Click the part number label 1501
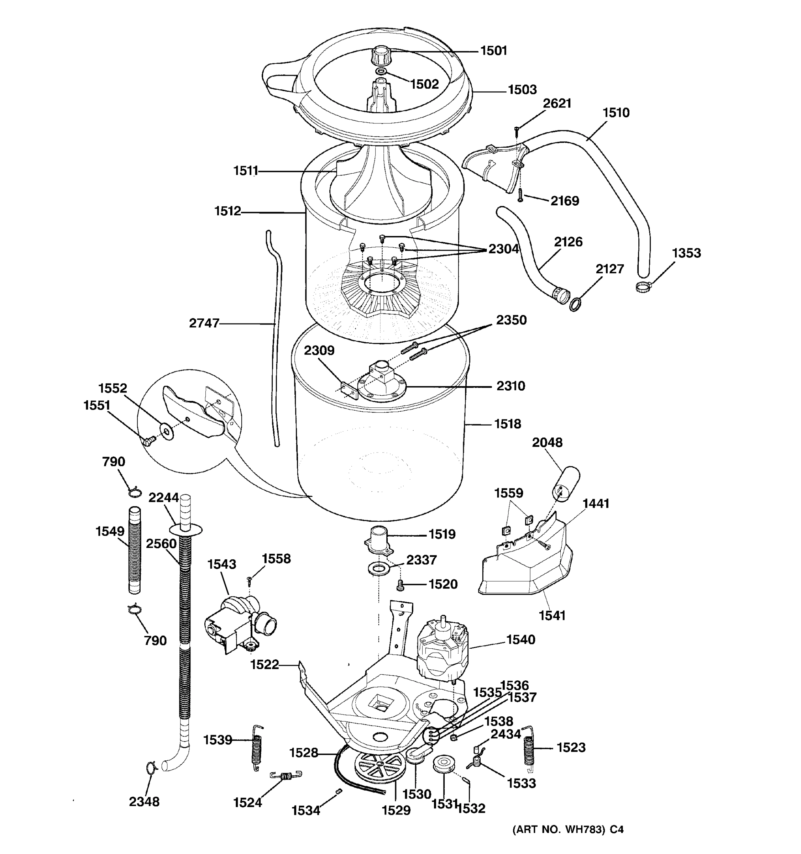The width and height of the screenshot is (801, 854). (x=493, y=51)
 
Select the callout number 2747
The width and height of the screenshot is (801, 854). (x=204, y=323)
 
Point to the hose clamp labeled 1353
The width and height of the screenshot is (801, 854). (x=643, y=286)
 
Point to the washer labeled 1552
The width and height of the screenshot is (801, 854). (x=166, y=429)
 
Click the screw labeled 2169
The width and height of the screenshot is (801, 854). (x=520, y=195)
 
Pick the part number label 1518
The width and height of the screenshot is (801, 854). (x=507, y=424)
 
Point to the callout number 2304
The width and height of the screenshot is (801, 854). (x=504, y=249)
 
